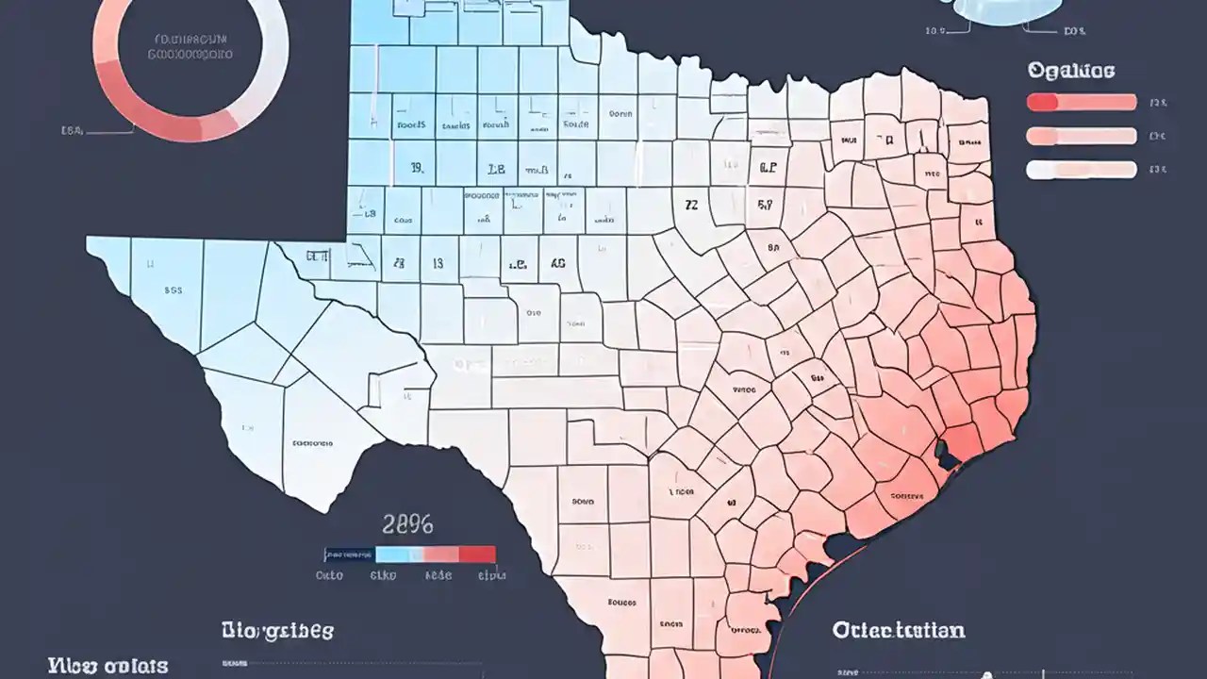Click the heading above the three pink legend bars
[x=1070, y=71]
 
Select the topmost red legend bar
[x=1081, y=103]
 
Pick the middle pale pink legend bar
[x=1081, y=137]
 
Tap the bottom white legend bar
[x=1081, y=170]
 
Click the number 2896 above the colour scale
[x=407, y=524]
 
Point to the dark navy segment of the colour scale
[x=350, y=555]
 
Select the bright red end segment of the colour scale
[x=477, y=555]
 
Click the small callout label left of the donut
[x=73, y=131]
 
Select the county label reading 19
[x=416, y=169]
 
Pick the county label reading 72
[x=691, y=203]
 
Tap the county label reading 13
[x=438, y=265]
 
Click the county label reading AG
[x=557, y=265]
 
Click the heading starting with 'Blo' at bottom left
[x=277, y=630]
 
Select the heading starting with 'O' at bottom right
[x=898, y=629]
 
